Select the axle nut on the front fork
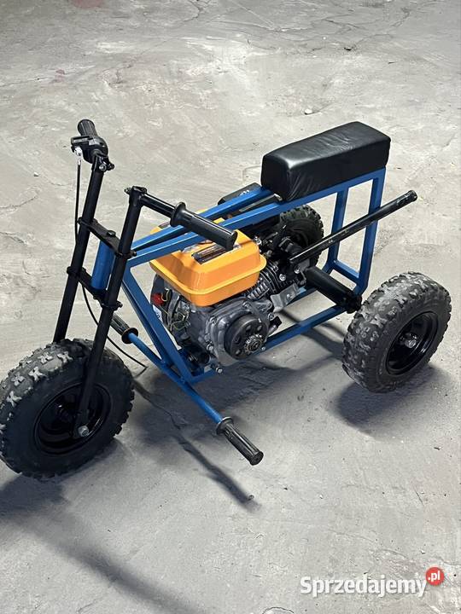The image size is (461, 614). point(83,431)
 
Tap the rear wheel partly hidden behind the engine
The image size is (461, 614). point(302,227)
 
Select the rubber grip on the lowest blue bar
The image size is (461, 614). point(240,441)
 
